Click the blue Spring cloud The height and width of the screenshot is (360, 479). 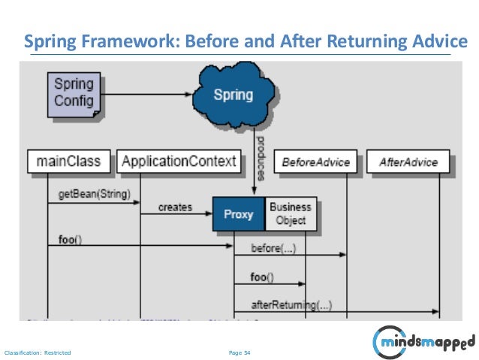point(233,95)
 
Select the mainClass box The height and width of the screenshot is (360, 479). point(69,161)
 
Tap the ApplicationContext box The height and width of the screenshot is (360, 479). point(179,161)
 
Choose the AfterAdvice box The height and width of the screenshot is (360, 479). point(408,162)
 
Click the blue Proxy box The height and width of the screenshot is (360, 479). point(239,214)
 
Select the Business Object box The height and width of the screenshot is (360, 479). point(289,213)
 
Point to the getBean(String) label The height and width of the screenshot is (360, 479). point(94,195)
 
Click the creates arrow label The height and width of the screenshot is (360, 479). point(175,207)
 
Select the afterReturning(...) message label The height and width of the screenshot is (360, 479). point(292,304)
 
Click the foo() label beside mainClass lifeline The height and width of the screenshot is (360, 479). point(71,240)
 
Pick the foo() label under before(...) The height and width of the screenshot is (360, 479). point(262,277)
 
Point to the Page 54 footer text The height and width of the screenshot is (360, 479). point(239,351)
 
